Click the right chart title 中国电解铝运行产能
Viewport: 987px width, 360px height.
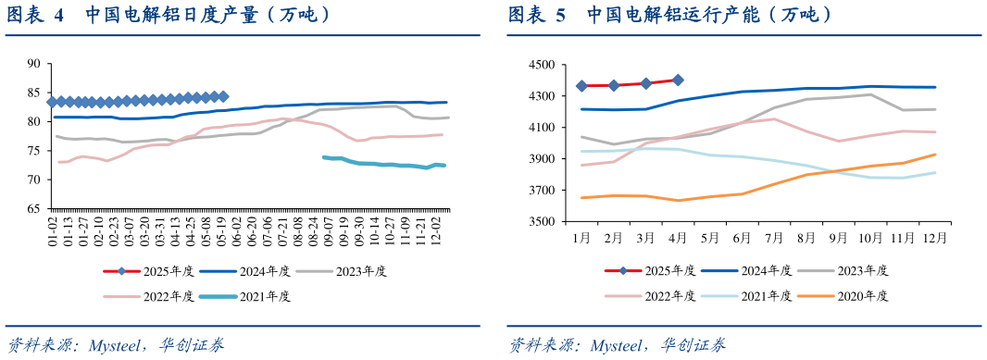(707, 15)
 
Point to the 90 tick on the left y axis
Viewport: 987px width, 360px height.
(34, 64)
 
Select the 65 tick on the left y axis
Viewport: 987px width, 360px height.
(34, 208)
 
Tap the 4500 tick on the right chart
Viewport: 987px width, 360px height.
(540, 65)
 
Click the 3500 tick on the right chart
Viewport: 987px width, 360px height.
(540, 222)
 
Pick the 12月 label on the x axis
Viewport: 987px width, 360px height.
(934, 237)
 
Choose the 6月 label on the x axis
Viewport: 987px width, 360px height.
(743, 237)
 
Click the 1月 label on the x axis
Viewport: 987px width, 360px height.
(581, 237)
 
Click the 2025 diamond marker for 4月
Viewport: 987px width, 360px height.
(678, 81)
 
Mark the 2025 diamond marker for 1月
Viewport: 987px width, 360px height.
(581, 86)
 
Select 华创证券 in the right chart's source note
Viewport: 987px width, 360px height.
(693, 346)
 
